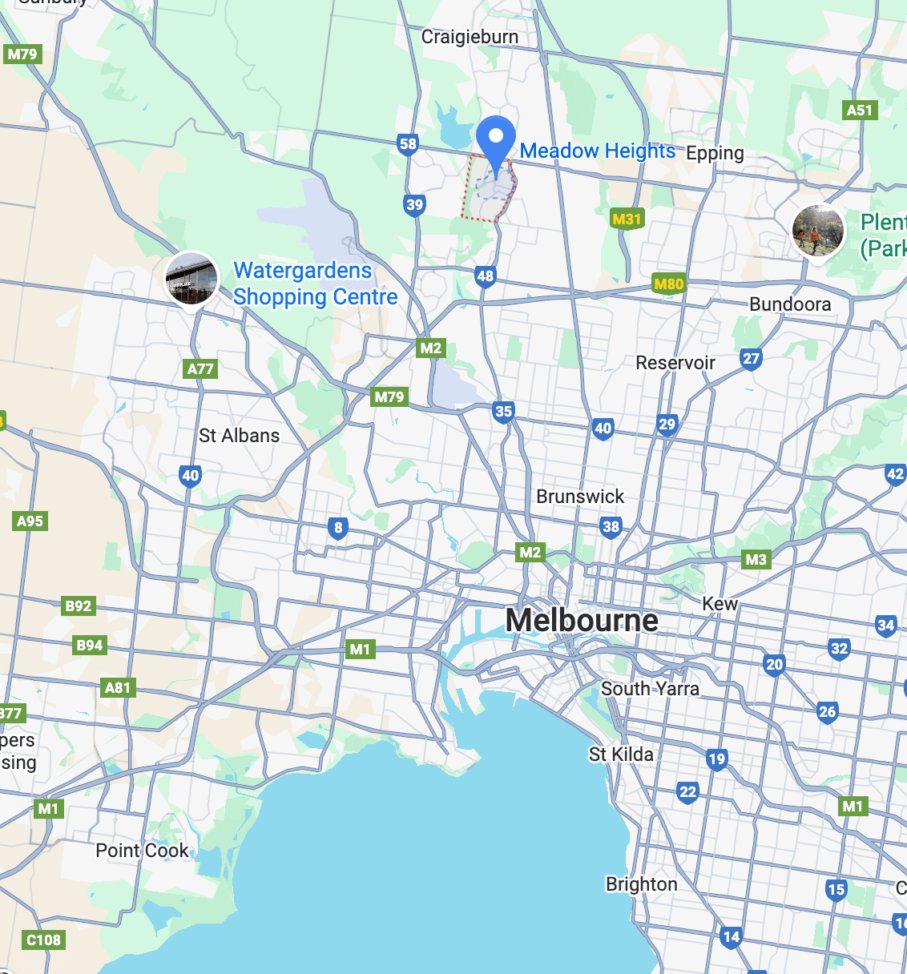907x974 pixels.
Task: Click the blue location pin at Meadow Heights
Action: (496, 141)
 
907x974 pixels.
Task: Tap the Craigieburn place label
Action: (470, 37)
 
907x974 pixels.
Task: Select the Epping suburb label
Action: (715, 153)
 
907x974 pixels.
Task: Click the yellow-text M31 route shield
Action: (627, 219)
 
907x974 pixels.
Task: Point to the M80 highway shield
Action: (668, 284)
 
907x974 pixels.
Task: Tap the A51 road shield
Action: (859, 111)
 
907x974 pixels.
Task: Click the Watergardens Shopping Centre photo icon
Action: (191, 279)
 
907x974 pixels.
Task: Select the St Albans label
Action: (239, 436)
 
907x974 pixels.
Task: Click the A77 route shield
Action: (200, 369)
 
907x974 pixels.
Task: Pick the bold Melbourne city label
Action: (582, 621)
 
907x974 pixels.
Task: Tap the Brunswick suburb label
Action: (580, 497)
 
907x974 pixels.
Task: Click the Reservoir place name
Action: (675, 363)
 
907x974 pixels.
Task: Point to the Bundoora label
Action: (790, 304)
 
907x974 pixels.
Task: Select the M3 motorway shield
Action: (756, 559)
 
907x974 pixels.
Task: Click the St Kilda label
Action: (621, 755)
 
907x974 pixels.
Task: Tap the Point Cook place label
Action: (142, 851)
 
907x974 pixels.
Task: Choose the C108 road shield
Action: (43, 940)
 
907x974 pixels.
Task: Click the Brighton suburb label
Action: (641, 884)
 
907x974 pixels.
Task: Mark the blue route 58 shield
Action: (408, 144)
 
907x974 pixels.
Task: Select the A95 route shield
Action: (30, 521)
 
